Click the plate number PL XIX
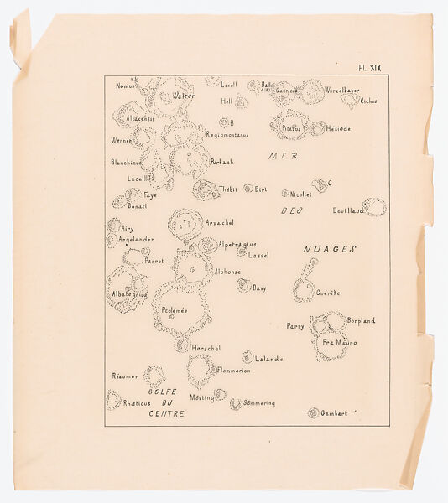(369, 68)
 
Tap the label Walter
(183, 96)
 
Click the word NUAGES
(330, 249)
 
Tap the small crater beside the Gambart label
(313, 412)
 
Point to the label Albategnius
(126, 294)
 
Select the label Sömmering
(258, 403)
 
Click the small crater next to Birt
(248, 189)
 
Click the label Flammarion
(233, 370)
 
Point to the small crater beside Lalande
(247, 356)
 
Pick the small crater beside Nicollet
(285, 194)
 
